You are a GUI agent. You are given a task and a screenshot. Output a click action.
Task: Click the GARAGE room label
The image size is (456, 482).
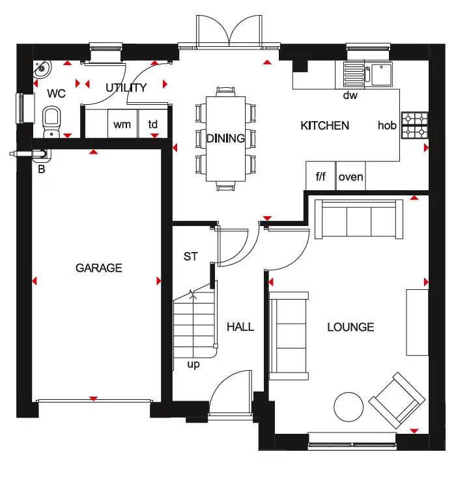[98, 268]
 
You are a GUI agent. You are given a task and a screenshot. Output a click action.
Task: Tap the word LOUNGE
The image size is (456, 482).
[350, 327]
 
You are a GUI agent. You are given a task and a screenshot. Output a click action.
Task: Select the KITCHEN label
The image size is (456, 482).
[324, 126]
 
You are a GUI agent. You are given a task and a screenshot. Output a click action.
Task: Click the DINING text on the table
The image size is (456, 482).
[225, 138]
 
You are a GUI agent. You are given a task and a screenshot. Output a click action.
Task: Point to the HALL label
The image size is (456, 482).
[240, 327]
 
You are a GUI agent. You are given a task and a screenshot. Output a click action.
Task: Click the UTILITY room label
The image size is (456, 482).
[126, 88]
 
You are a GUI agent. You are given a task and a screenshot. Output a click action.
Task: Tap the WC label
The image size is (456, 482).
[57, 94]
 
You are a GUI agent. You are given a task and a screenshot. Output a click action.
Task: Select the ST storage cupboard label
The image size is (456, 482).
[190, 257]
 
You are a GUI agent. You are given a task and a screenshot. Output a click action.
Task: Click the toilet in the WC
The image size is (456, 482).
[51, 122]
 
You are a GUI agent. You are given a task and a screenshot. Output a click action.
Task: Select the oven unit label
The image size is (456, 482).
[350, 177]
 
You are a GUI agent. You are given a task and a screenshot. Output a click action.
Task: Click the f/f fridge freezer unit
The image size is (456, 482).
[321, 177]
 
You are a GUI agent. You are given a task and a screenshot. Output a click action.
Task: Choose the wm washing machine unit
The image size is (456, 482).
[122, 124]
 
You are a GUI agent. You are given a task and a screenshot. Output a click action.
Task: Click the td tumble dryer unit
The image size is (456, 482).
[153, 124]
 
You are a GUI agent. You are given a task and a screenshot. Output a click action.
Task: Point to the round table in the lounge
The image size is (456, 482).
[349, 408]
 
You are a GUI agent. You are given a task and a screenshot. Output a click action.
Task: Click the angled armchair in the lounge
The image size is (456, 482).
[395, 399]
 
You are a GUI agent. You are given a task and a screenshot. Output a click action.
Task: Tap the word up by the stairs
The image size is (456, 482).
[193, 365]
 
